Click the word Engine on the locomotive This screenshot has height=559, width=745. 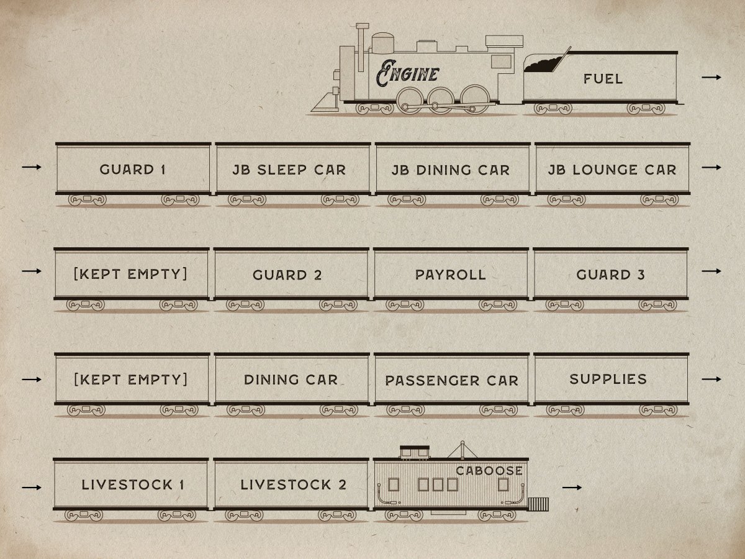pos(407,74)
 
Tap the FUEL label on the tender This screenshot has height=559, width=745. pos(603,79)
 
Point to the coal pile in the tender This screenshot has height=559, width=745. pos(543,62)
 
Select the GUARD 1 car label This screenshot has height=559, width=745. pos(132,169)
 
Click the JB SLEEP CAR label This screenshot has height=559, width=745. pos(289,169)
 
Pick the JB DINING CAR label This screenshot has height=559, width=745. pos(451,170)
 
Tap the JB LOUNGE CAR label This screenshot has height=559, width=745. pos(612,169)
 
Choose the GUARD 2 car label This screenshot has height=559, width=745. pos(287,275)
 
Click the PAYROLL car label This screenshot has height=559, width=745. pos(451,274)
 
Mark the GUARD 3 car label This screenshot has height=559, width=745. pos(610,274)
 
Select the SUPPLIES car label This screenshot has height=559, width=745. pos(608,379)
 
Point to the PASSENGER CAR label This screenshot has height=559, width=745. pos(451,380)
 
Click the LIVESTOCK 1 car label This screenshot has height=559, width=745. pos(132,484)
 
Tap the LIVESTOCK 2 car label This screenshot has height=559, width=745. pos(293,484)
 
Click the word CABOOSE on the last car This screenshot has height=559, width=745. pos(489,470)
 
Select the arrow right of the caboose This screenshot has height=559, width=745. pos(572,488)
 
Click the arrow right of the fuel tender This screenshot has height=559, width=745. pos(711,77)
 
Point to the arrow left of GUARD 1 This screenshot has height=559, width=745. pos(32,167)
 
